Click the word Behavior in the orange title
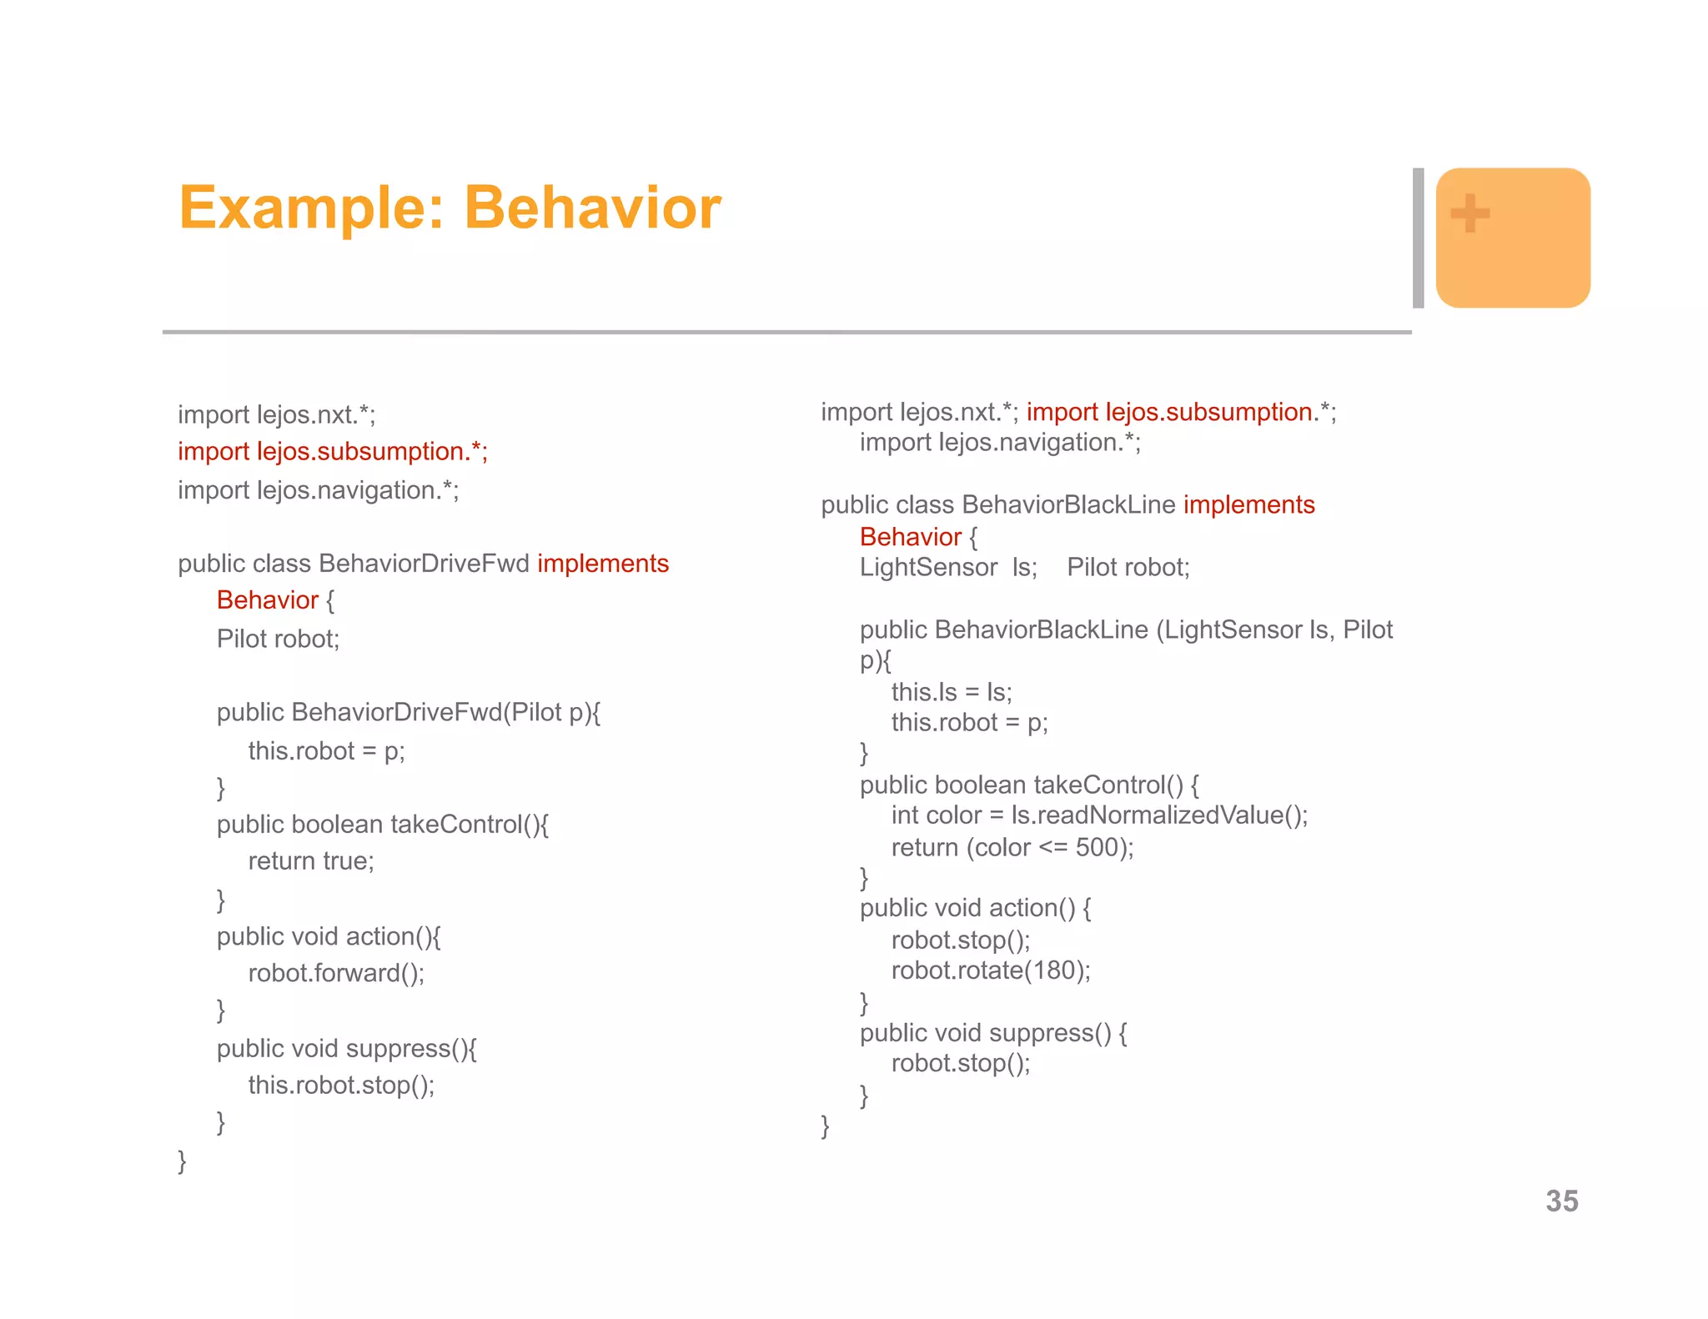592,208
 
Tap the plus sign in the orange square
1470,213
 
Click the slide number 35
1561,1201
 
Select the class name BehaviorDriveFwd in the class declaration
424,564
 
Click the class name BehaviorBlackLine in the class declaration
1068,504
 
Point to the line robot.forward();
336,973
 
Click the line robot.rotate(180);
991,970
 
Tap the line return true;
311,860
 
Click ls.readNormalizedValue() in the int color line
1158,815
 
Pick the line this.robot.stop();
341,1085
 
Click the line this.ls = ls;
952,692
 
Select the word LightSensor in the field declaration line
928,568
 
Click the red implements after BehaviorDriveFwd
603,564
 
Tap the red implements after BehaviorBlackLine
1248,504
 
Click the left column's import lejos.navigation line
318,490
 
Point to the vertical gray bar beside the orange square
1418,238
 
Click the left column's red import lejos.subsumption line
332,451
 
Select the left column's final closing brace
182,1161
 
